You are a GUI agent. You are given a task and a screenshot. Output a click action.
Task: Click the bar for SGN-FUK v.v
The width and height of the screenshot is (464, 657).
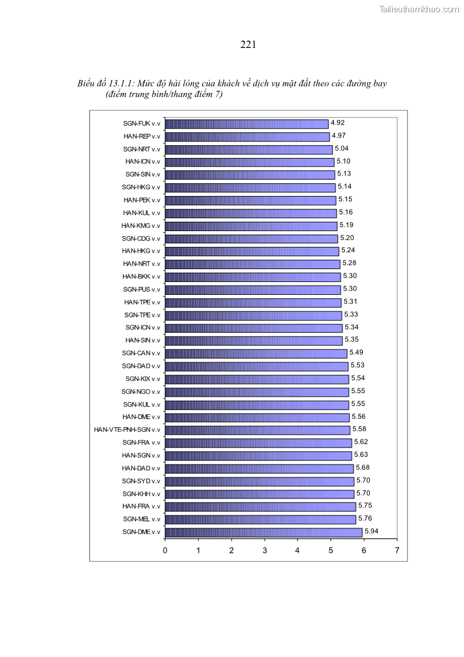coord(247,123)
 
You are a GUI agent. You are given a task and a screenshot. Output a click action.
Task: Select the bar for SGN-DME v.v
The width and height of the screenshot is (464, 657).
coord(264,532)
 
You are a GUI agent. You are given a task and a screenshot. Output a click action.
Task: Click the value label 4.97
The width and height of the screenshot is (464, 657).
coord(339,136)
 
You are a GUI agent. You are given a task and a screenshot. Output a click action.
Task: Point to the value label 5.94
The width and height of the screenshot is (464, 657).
coord(372,531)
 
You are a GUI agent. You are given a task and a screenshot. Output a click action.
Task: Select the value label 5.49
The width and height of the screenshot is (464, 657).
coord(356,353)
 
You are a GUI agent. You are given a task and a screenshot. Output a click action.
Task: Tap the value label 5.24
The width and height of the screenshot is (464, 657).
coord(348,250)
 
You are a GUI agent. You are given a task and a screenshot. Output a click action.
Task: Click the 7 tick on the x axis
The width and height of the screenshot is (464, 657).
coord(397,551)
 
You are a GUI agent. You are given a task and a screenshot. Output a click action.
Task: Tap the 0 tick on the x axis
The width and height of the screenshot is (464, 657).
coord(165,551)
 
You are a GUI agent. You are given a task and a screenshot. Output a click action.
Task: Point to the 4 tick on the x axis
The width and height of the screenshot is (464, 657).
coord(297,551)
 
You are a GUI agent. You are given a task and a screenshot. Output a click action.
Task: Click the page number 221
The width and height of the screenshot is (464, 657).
coord(248,44)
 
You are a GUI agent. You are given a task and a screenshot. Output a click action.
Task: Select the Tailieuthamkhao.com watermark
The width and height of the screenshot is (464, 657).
coord(419,9)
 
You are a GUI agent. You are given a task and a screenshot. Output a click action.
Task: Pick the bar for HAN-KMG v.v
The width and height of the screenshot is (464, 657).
coord(251,226)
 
